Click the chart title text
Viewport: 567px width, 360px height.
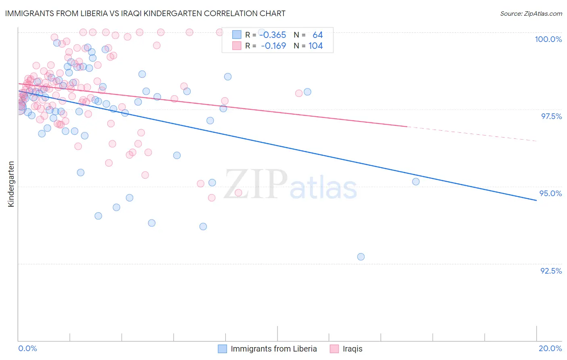146,13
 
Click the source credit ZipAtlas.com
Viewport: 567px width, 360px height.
531,13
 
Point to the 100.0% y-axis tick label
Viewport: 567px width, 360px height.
548,39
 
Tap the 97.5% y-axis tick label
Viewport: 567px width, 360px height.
551,116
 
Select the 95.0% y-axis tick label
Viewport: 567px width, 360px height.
551,193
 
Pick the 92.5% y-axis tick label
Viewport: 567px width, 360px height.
551,271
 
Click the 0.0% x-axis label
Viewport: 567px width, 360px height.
27,348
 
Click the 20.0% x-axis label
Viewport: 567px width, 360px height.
550,348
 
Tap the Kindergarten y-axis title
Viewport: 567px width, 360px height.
11,184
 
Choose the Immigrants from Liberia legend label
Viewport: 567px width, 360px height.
273,349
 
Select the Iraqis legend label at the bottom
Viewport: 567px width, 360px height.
352,349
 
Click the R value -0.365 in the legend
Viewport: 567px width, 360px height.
273,35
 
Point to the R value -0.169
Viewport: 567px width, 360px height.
273,46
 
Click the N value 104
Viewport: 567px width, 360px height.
315,46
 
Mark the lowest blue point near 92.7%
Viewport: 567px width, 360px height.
361,257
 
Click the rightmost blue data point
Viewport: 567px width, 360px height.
416,182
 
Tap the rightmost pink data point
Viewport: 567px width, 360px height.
299,93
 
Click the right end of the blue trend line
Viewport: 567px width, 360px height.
536,200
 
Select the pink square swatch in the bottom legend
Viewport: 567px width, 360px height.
334,349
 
